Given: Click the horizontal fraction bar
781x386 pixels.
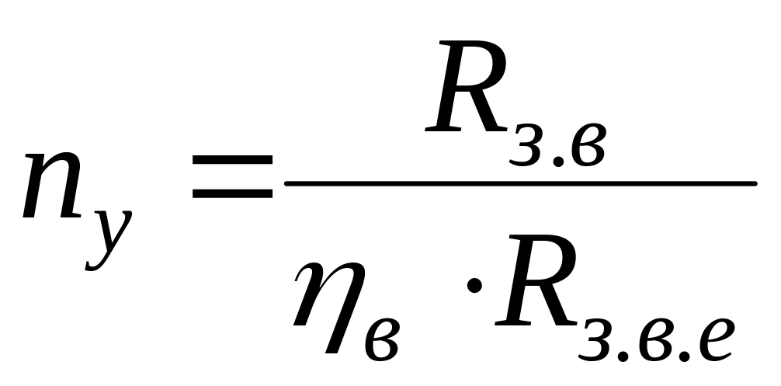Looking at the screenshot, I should tap(520, 184).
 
